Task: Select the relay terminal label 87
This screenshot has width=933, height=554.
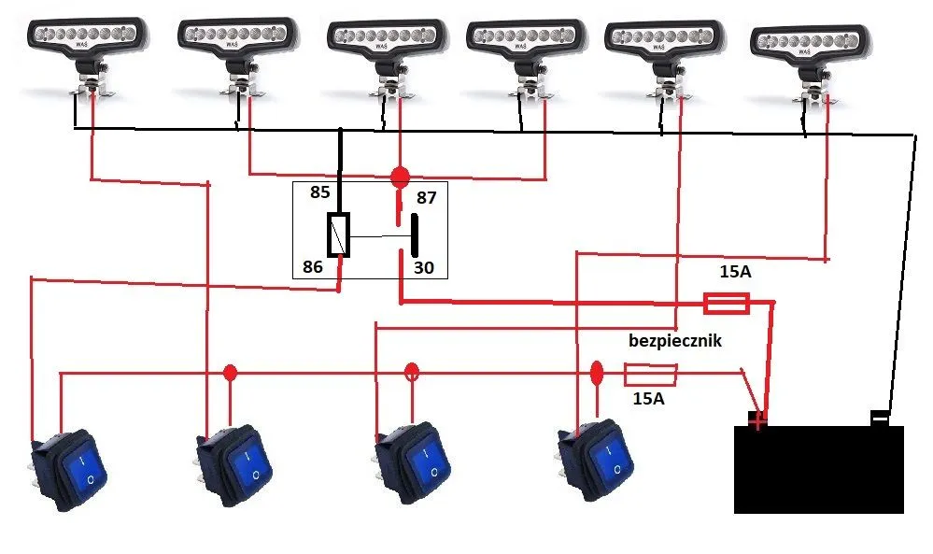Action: tap(426, 197)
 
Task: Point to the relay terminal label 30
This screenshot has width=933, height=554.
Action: tap(423, 267)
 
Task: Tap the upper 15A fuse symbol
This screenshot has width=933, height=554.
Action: tap(724, 303)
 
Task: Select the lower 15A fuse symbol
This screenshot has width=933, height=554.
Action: tap(649, 376)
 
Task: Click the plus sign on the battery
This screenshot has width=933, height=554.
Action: tap(757, 419)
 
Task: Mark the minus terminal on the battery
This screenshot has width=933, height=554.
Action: tap(880, 417)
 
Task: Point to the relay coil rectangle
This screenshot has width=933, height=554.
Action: tap(339, 234)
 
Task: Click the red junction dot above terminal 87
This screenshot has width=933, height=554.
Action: tap(400, 176)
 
